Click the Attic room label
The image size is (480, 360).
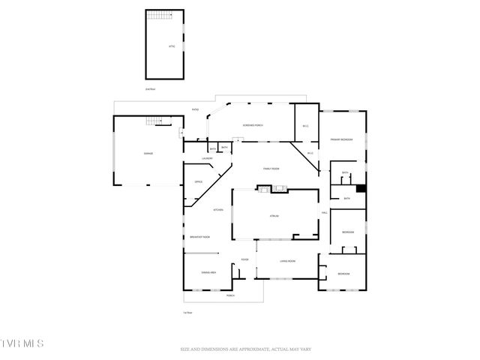pyautogui.click(x=172, y=46)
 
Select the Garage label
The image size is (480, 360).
pyautogui.click(x=148, y=154)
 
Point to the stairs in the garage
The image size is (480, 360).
pyautogui.click(x=155, y=121)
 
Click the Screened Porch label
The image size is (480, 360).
pyautogui.click(x=252, y=124)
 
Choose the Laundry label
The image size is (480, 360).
pyautogui.click(x=208, y=158)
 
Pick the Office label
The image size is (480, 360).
pyautogui.click(x=199, y=181)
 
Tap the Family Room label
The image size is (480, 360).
pyautogui.click(x=271, y=169)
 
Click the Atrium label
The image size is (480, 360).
pyautogui.click(x=274, y=216)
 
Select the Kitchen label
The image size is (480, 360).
pyautogui.click(x=218, y=210)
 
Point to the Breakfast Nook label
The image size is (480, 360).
pyautogui.click(x=199, y=237)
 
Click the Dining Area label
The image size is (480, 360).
pyautogui.click(x=208, y=272)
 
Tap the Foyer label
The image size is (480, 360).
pyautogui.click(x=244, y=260)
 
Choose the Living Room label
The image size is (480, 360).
pyautogui.click(x=288, y=260)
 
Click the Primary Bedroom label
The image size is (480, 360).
pyautogui.click(x=342, y=140)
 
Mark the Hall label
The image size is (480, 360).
pyautogui.click(x=325, y=213)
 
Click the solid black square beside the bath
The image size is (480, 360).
pyautogui.click(x=361, y=189)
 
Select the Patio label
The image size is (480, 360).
pyautogui.click(x=195, y=110)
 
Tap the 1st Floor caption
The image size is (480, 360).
pyautogui.click(x=187, y=312)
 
